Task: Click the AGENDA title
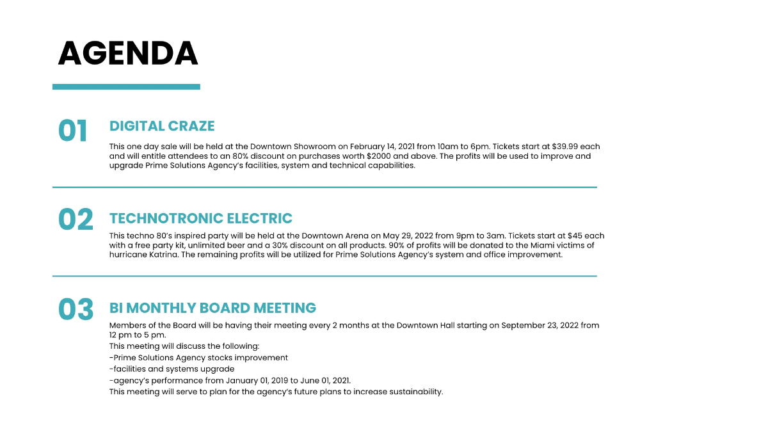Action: click(x=128, y=54)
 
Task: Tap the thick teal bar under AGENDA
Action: click(x=126, y=86)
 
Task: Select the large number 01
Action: click(x=73, y=131)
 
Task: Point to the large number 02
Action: click(x=76, y=220)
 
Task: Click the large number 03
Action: click(x=76, y=310)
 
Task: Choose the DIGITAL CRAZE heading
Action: click(x=162, y=126)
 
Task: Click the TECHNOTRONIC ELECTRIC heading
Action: click(x=201, y=218)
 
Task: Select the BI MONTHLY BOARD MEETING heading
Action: click(x=212, y=308)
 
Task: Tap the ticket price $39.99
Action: click(x=566, y=147)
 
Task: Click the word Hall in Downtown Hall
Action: click(x=447, y=325)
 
